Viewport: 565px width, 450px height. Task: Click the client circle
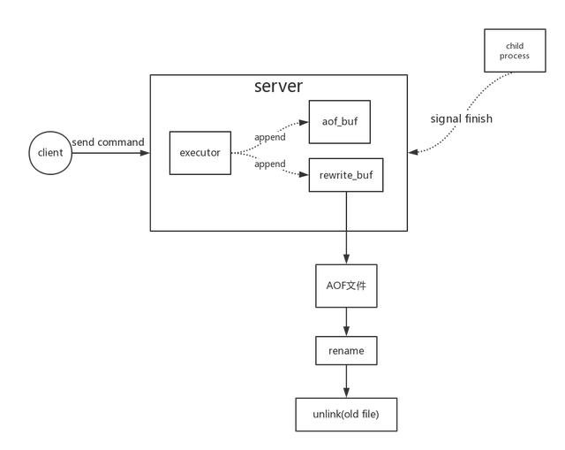click(x=50, y=153)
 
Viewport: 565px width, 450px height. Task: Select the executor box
click(x=200, y=153)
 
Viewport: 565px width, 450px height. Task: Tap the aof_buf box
click(x=339, y=122)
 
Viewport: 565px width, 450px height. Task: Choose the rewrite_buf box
click(x=346, y=175)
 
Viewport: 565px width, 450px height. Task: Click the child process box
click(x=514, y=50)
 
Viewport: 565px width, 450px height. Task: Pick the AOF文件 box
click(x=346, y=286)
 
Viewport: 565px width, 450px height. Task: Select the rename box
click(x=346, y=351)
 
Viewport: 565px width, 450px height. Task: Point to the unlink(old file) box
click(x=346, y=414)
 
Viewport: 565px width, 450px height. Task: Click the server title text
click(x=278, y=87)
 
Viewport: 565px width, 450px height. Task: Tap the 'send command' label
click(x=109, y=142)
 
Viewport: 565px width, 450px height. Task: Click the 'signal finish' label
click(x=461, y=118)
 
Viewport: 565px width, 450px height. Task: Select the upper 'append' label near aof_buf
click(x=269, y=137)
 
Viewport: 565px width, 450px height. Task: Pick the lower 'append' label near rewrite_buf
click(x=269, y=164)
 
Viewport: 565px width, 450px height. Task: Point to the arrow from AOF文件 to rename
click(x=346, y=322)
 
